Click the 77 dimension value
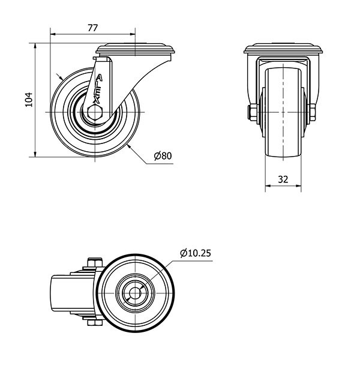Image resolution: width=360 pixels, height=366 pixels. (92, 28)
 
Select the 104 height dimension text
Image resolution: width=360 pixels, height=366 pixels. (29, 100)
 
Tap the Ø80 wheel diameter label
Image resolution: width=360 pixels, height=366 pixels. (163, 155)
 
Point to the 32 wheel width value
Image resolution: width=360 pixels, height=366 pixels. (283, 179)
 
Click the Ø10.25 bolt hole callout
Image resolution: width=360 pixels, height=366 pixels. (196, 253)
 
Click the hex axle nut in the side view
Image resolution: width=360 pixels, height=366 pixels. (95, 112)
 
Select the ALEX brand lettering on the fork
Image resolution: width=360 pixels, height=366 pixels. (98, 89)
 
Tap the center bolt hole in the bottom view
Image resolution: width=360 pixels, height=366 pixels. (135, 293)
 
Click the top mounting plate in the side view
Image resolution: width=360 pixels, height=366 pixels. (136, 49)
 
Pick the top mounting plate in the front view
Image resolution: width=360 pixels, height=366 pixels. (283, 49)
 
